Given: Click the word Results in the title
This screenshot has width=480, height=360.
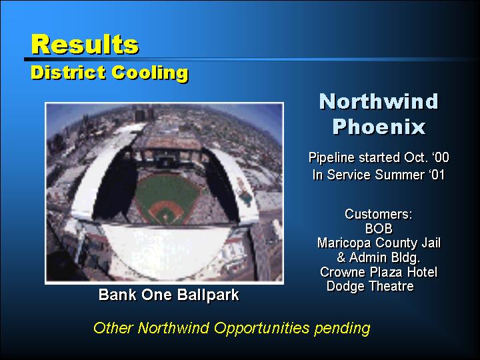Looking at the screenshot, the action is pos(85,45).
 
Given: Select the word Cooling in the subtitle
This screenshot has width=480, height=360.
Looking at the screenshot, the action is pos(150,73).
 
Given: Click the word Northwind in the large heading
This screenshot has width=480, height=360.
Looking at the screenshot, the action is pos(379,101).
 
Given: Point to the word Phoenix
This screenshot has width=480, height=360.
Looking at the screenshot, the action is pos(379,127).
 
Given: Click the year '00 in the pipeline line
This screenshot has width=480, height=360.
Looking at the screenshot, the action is pos(441,157).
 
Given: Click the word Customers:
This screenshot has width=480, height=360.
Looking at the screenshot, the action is pos(379,214).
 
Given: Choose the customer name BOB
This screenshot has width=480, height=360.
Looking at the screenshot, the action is pos(379,229).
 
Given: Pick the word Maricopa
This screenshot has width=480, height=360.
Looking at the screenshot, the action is pos(345,243).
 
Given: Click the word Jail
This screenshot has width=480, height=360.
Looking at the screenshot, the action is pos(431,243).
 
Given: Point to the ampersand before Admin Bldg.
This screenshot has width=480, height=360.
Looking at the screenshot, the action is pos(341,257).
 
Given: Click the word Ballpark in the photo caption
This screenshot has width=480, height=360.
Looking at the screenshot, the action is pos(208,295).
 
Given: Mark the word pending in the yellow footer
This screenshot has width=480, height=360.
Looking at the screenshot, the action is pos(342,329).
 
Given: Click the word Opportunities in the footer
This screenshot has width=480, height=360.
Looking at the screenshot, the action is pos(262,329).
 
